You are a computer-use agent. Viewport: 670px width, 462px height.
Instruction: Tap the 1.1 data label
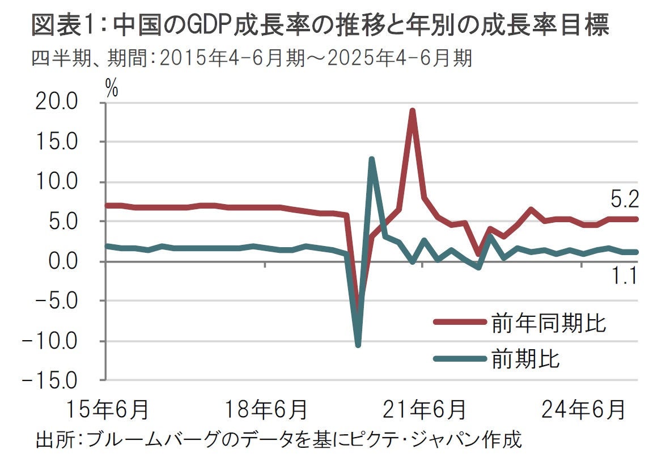pyautogui.click(x=624, y=277)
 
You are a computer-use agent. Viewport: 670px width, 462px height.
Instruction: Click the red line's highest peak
pyautogui.click(x=413, y=111)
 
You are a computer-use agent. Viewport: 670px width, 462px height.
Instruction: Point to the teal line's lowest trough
pyautogui.click(x=358, y=344)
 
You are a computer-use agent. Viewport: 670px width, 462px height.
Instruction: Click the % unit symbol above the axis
pyautogui.click(x=112, y=89)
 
